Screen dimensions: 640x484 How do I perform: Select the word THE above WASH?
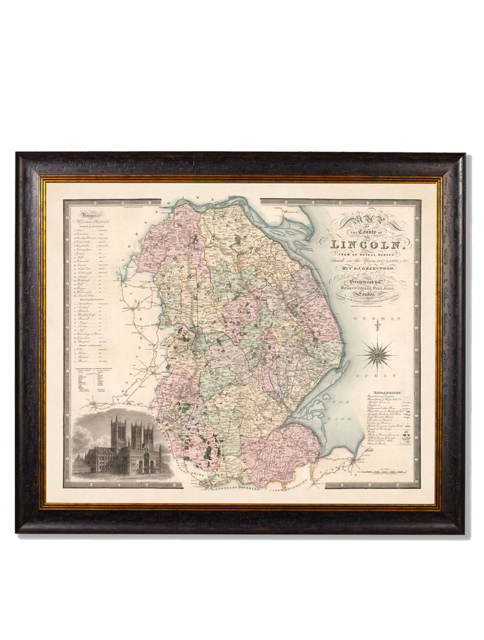pos(340,402)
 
